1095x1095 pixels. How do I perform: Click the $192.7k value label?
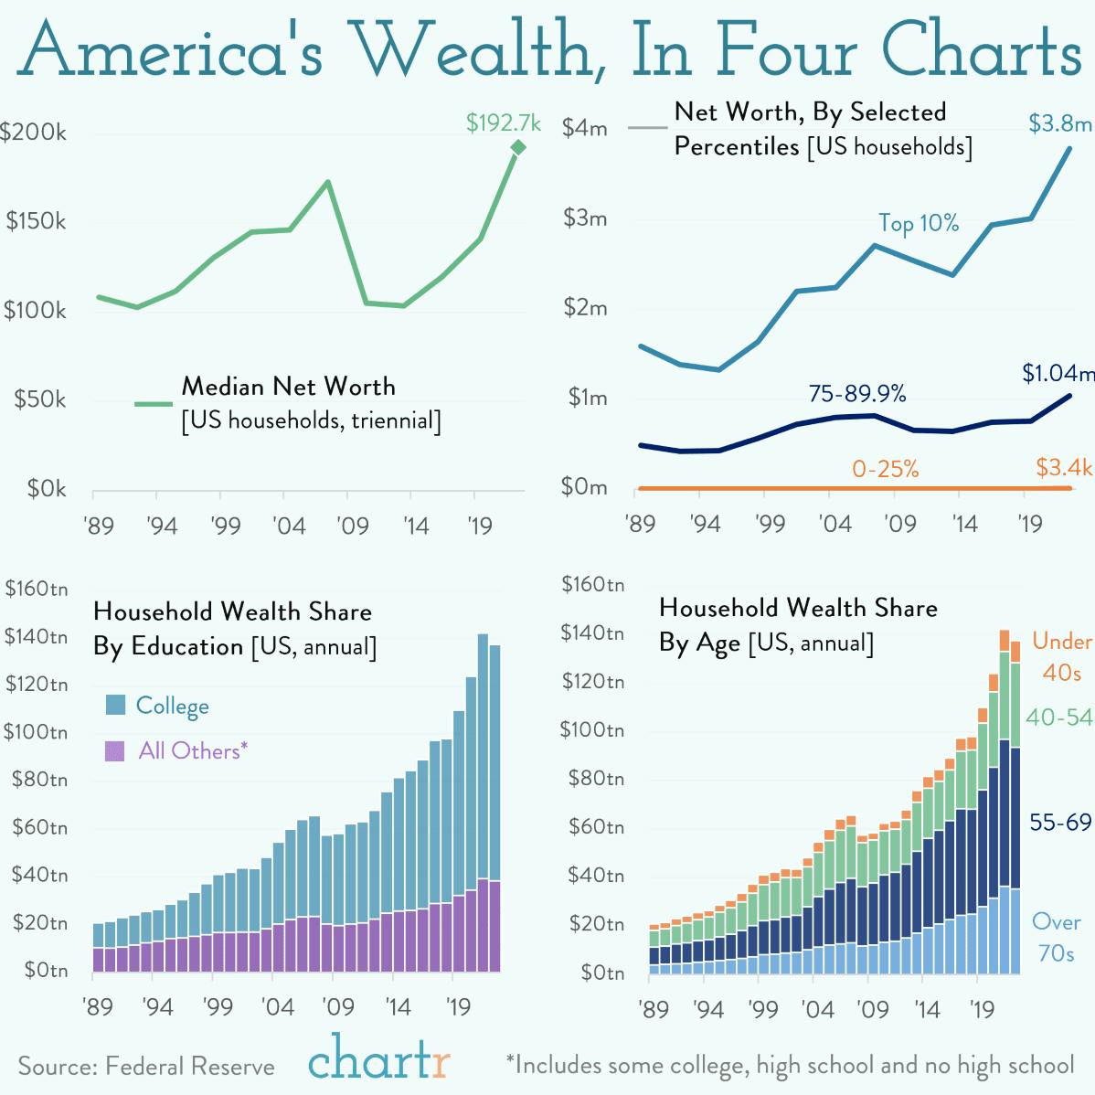tap(503, 122)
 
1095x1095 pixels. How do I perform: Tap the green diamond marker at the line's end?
tap(518, 147)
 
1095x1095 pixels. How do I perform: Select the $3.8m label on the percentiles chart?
tap(1059, 123)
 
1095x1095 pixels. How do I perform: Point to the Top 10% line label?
tap(919, 223)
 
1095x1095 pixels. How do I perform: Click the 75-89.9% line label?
tap(857, 394)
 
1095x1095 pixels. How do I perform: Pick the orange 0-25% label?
tap(885, 469)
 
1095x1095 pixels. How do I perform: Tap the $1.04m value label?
tap(1058, 373)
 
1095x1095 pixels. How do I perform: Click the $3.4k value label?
tap(1064, 468)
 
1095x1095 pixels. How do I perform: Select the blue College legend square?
tap(115, 705)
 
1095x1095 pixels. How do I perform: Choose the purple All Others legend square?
tap(115, 751)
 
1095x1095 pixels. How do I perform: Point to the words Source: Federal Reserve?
tap(146, 1067)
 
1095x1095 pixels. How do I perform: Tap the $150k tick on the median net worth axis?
tap(37, 221)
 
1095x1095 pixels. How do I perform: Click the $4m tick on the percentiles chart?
tap(585, 128)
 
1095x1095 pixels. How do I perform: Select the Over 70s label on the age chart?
tap(1056, 937)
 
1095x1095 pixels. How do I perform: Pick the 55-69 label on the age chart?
tap(1060, 823)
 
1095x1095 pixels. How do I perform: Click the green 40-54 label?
tap(1058, 718)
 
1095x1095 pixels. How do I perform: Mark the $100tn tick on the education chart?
tap(37, 732)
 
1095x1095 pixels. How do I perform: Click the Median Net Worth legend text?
tap(289, 387)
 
